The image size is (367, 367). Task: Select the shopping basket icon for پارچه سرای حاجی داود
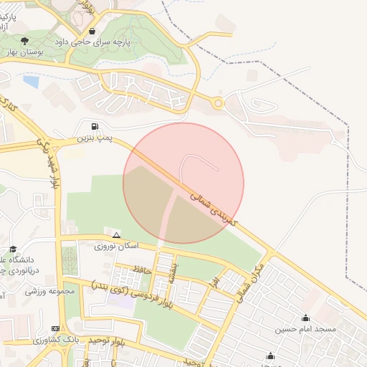point(92,32)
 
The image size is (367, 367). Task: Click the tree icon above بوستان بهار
point(25,42)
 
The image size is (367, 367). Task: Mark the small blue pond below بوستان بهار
point(31,81)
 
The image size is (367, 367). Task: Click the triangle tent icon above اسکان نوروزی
point(116,235)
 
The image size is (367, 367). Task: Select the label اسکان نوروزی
point(117,245)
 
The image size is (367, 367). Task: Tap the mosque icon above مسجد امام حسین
point(306,318)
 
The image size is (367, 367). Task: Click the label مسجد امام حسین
point(306,330)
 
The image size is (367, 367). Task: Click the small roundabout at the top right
point(218,103)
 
